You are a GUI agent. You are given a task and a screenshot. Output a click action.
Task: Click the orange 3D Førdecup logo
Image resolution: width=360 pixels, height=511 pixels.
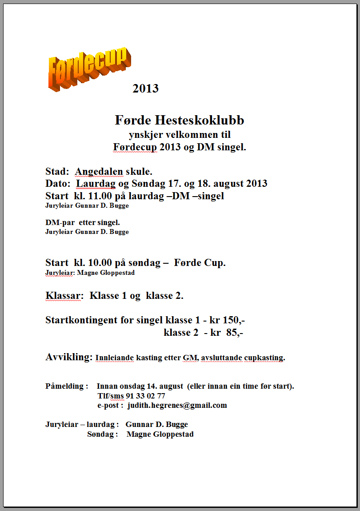click(89, 69)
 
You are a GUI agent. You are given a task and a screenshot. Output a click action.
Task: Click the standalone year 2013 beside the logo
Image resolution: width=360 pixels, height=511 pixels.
click(145, 89)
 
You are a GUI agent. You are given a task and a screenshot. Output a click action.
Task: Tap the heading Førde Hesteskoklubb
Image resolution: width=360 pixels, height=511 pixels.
click(180, 120)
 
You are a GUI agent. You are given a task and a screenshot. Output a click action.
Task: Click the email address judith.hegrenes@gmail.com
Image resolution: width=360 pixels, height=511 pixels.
click(177, 405)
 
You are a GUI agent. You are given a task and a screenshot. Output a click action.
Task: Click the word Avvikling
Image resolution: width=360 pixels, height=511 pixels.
click(69, 357)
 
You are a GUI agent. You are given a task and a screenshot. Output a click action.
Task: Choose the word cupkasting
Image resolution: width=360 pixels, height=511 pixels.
click(262, 358)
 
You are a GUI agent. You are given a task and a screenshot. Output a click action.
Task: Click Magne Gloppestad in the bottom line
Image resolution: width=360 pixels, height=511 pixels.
click(160, 434)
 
